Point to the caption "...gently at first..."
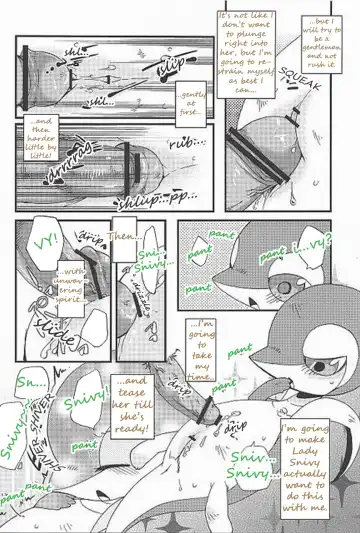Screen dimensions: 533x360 click(x=191, y=101)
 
